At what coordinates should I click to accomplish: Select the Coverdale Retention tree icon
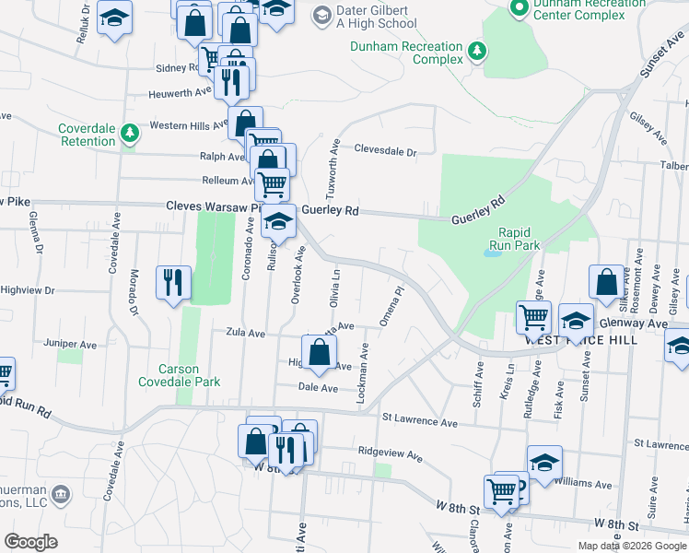[x=131, y=134]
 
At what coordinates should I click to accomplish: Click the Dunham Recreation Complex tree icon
[x=477, y=52]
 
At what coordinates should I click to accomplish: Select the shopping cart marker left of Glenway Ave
[x=534, y=318]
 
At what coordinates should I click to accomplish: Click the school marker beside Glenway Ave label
[x=576, y=321]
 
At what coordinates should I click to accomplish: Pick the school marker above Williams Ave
[x=544, y=463]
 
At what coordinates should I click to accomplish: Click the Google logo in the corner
[x=30, y=542]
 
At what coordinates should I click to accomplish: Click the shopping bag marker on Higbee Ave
[x=319, y=353]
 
